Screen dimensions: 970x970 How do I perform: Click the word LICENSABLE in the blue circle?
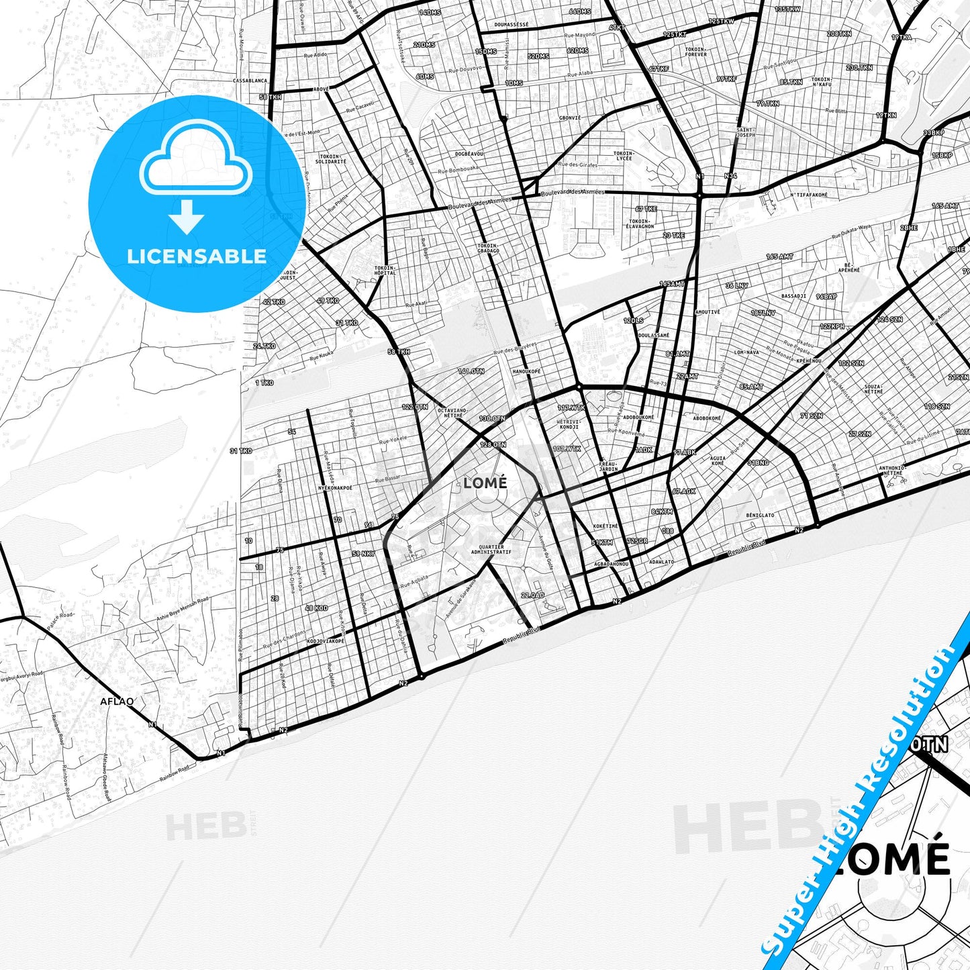click(197, 256)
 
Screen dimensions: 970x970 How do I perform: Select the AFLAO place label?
click(117, 701)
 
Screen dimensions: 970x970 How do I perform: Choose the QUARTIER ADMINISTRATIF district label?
click(491, 549)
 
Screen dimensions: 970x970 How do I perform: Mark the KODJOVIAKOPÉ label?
click(326, 640)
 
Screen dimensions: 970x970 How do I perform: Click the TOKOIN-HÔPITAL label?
click(385, 270)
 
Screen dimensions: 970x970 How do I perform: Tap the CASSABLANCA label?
click(250, 80)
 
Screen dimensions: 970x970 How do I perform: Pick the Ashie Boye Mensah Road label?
click(182, 610)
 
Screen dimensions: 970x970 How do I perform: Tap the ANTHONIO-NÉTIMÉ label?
click(893, 470)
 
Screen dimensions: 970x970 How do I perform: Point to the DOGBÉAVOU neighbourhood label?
click(469, 154)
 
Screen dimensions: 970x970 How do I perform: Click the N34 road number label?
click(730, 176)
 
